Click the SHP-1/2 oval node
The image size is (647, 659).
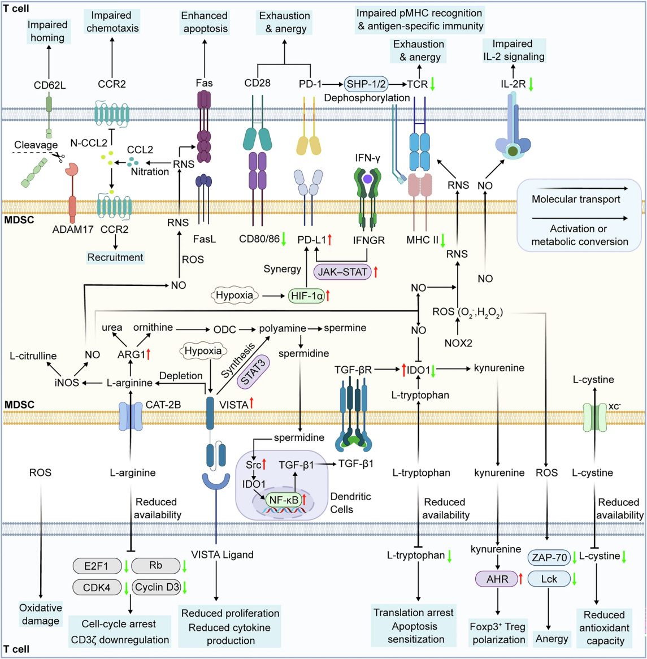[366, 84]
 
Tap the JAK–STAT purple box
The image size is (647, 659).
[342, 272]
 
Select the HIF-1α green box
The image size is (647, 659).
[307, 296]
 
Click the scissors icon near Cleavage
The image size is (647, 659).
[58, 157]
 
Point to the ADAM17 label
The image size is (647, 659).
[73, 229]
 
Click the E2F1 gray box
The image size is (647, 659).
[97, 566]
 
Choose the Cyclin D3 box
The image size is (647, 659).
[157, 587]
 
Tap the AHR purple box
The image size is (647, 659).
[497, 579]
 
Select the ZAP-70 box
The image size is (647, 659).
[549, 558]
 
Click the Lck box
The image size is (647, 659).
[549, 579]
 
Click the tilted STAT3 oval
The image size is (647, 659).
[253, 371]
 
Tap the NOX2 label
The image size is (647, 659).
[458, 344]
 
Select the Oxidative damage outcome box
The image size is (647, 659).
[40, 614]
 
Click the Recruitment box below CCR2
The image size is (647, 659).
[115, 257]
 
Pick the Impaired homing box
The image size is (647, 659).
[48, 31]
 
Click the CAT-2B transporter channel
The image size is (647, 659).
[131, 415]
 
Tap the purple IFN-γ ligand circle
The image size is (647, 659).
[368, 179]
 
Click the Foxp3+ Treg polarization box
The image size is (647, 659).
[497, 634]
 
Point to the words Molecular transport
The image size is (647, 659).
[576, 199]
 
